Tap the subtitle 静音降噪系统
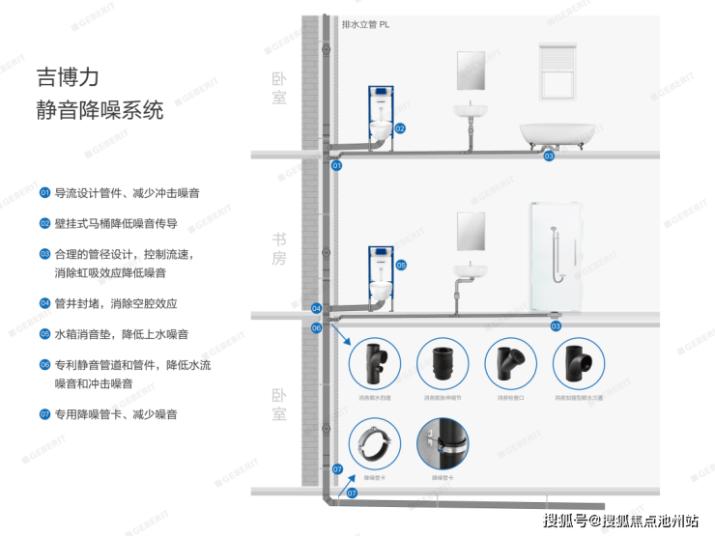[x=100, y=110]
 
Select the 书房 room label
[x=279, y=248]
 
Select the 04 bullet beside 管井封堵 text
[x=44, y=303]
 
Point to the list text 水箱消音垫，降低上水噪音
[x=121, y=334]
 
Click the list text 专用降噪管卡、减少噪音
[x=115, y=414]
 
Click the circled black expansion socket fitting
[x=443, y=364]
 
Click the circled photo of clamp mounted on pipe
[x=443, y=442]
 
